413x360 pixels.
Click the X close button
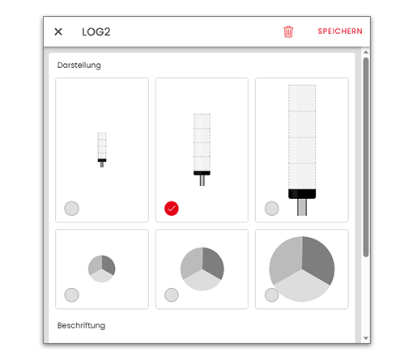tap(58, 32)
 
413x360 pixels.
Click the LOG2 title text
tap(96, 32)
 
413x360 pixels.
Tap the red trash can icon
tap(288, 32)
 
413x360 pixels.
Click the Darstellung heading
tap(79, 66)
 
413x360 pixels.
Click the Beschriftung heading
tap(81, 325)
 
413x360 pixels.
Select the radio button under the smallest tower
tap(71, 209)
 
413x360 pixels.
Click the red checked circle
tap(172, 209)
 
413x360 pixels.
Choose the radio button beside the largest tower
tap(271, 209)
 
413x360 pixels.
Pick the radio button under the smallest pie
tap(71, 294)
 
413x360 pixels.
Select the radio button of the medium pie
tap(172, 294)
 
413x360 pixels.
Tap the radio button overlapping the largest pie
tap(271, 294)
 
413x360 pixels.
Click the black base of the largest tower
tap(302, 194)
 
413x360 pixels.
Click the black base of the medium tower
tap(202, 173)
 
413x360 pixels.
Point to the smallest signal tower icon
tap(102, 150)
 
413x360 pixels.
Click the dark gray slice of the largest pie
tap(318, 258)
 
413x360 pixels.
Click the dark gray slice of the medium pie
tap(213, 261)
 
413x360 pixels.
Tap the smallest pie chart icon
tap(102, 269)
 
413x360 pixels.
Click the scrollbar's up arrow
tap(366, 52)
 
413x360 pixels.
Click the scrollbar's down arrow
tap(366, 338)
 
